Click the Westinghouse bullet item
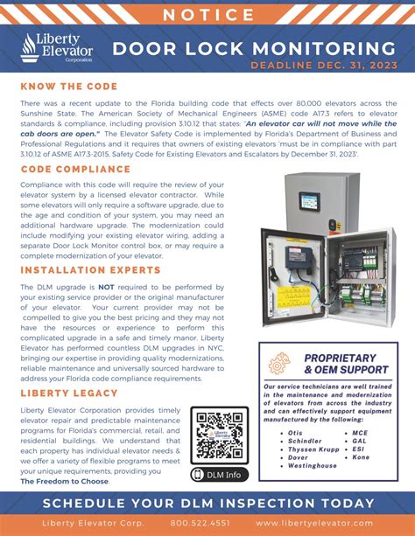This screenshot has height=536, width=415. click(312, 466)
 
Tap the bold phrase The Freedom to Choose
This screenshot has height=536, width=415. click(65, 481)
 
